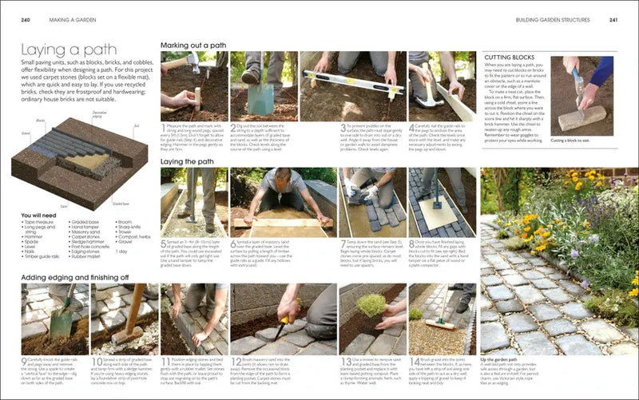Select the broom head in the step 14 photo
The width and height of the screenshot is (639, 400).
click(x=447, y=328)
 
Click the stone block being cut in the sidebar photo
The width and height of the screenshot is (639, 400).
click(x=572, y=119)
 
